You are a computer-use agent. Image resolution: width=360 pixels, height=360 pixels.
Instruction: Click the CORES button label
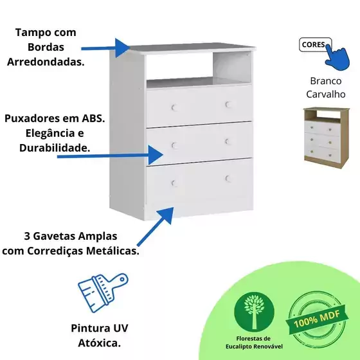313,44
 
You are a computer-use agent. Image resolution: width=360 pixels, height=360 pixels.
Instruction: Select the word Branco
325,81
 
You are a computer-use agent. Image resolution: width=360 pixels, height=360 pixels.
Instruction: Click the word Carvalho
326,94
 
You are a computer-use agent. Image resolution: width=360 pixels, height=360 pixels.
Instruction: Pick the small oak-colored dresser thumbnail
327,138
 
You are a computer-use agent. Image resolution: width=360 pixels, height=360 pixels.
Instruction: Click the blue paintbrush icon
103,292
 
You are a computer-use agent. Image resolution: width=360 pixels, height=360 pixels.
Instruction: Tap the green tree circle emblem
254,312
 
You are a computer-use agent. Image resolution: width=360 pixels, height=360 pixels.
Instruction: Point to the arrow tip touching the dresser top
130,48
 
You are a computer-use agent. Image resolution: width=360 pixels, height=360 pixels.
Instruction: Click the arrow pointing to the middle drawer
110,156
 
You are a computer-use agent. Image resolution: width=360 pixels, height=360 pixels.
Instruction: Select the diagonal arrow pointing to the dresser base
155,226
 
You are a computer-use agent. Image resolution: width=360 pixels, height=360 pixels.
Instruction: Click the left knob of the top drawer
174,107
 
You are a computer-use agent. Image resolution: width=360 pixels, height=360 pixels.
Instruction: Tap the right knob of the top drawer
228,104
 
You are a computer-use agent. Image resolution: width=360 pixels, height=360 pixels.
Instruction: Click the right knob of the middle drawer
228,141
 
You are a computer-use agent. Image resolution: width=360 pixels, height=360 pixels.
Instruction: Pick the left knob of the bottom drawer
174,183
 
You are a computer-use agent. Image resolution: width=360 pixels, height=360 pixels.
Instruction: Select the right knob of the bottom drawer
228,179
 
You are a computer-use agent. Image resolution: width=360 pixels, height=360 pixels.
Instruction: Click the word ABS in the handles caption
93,118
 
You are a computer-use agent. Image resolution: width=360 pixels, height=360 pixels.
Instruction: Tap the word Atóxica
100,343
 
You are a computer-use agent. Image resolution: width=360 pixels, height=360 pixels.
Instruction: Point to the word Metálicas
113,251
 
